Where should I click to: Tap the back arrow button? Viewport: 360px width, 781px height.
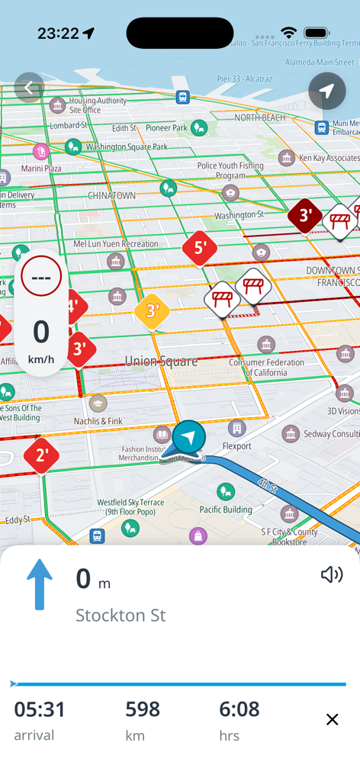point(29,88)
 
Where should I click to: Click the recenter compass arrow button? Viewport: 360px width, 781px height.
point(327,92)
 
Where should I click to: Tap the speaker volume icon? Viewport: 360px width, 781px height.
point(332,574)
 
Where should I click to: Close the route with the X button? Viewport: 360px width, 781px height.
point(332,719)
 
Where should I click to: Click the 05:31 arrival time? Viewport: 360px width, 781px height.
point(40,710)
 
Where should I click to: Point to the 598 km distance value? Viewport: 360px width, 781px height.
point(143,710)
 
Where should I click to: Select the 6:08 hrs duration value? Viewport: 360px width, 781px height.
point(239,710)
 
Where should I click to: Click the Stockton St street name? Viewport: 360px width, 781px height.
point(121,615)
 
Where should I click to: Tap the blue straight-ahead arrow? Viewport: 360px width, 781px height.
point(40,584)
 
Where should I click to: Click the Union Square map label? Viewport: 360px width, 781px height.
point(161,361)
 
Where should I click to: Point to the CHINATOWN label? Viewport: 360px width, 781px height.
point(111,195)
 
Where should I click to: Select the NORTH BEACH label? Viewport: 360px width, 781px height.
point(259,117)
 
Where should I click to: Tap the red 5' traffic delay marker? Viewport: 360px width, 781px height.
point(200,248)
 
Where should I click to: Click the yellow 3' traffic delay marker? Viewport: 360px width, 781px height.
point(153,311)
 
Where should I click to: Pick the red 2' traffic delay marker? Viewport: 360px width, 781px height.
point(41,456)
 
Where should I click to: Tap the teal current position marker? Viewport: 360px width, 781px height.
point(188,438)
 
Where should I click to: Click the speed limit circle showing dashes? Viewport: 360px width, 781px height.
point(41,277)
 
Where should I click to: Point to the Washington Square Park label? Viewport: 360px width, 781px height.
point(127,146)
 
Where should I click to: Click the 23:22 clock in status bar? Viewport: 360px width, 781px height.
point(59,34)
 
